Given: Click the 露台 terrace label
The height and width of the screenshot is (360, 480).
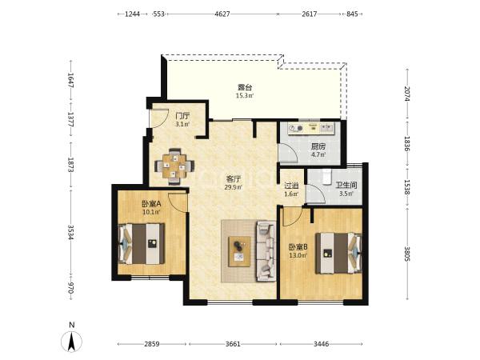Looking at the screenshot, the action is click(x=245, y=87).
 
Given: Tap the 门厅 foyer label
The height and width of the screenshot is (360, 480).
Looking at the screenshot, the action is click(x=182, y=116).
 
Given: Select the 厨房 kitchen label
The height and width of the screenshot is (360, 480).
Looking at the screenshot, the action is click(x=318, y=146).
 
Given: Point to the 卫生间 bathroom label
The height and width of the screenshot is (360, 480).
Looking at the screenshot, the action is click(x=346, y=186).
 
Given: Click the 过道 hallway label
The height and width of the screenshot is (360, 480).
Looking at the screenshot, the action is click(x=291, y=186).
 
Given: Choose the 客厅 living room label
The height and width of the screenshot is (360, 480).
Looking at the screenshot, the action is click(x=234, y=178).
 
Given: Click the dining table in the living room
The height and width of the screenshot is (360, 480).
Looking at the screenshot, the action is click(x=174, y=166).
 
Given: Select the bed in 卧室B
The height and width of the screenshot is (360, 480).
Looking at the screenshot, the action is click(x=338, y=253).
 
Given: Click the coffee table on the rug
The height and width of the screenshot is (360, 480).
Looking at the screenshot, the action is click(x=239, y=252).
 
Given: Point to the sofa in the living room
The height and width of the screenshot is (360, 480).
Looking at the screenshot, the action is click(x=266, y=251).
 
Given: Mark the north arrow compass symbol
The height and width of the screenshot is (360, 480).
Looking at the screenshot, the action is click(x=72, y=342).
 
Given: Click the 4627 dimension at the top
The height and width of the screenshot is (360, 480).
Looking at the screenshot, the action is click(x=222, y=14).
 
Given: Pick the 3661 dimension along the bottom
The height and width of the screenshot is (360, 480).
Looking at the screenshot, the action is click(x=233, y=344).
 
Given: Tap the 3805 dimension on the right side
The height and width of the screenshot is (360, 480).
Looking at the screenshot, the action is click(x=407, y=254).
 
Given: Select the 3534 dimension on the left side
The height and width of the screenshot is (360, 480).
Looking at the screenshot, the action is click(x=70, y=233).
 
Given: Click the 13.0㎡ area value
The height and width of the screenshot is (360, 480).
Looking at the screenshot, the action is click(x=298, y=255).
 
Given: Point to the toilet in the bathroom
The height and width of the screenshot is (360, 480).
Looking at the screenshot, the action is click(x=327, y=177).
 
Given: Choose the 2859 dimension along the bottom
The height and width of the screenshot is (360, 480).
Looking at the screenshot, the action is click(x=152, y=344).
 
